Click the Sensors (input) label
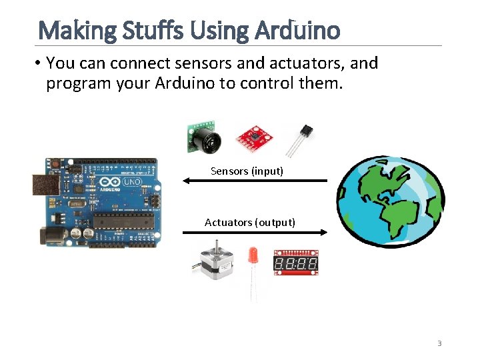tap(247, 171)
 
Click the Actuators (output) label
tap(250, 222)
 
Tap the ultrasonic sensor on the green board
tap(203, 138)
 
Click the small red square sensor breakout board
tap(255, 138)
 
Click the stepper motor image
tap(215, 263)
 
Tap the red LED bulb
tap(253, 255)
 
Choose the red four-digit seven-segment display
tap(296, 263)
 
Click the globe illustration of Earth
tap(389, 201)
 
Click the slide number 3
tap(439, 343)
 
